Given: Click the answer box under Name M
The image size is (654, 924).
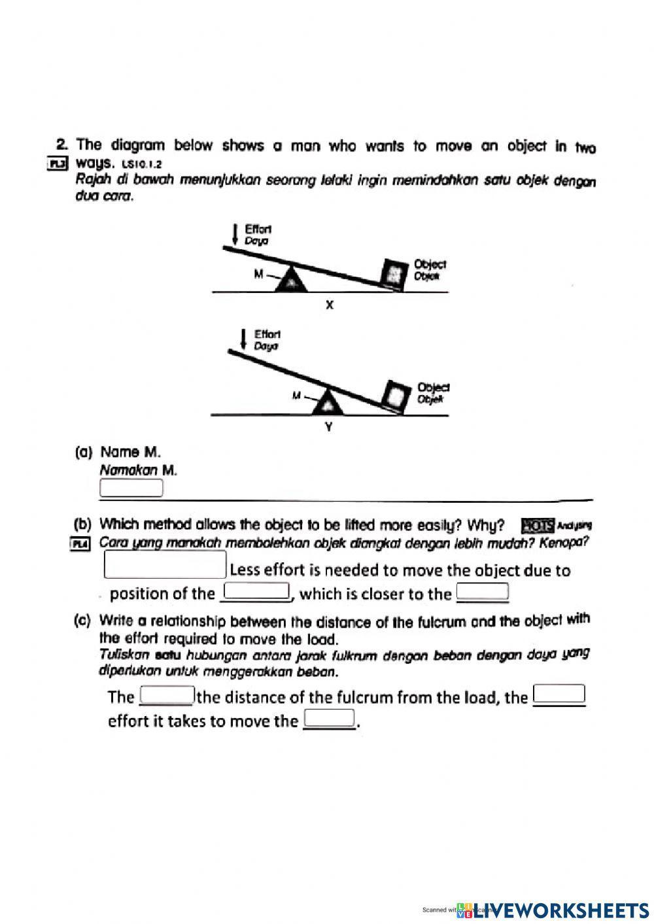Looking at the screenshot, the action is pyautogui.click(x=131, y=488).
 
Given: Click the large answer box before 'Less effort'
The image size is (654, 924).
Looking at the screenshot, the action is pyautogui.click(x=165, y=565).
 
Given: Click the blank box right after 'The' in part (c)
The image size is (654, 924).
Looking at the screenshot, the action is pyautogui.click(x=167, y=694).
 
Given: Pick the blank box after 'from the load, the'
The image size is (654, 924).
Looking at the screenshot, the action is pyautogui.click(x=559, y=693).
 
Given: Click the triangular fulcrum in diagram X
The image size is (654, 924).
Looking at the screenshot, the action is pyautogui.click(x=290, y=279).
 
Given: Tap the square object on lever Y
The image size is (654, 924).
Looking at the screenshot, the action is pyautogui.click(x=396, y=395).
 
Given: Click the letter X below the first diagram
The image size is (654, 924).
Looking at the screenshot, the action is pyautogui.click(x=330, y=305).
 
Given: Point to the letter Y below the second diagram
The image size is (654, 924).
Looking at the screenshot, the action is pyautogui.click(x=329, y=428).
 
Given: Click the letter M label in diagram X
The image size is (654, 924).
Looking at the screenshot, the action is pyautogui.click(x=259, y=274).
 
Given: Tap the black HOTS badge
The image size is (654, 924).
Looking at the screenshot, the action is pyautogui.click(x=538, y=525).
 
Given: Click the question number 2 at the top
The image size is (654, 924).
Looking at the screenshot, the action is pyautogui.click(x=62, y=144).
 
